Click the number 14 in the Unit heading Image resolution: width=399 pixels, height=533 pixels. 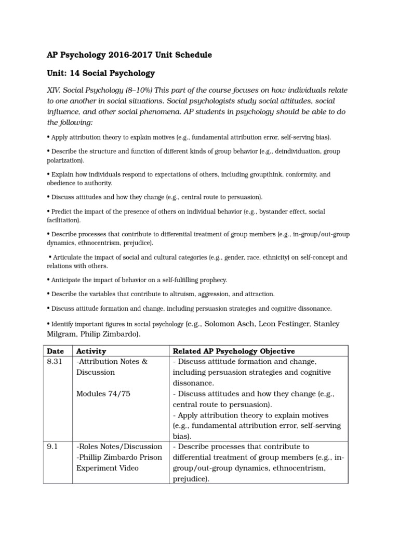coord(76,73)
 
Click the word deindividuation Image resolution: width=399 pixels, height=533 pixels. coord(275,151)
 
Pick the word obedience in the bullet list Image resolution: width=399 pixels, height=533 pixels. coord(64,183)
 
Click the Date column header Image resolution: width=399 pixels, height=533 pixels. coord(55,351)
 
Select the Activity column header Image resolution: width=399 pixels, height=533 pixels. coord(91,351)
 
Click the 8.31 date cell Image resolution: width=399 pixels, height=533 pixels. coord(55,362)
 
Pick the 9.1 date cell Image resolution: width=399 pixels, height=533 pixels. coord(52,447)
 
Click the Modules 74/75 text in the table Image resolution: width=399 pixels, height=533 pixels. coord(103,394)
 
